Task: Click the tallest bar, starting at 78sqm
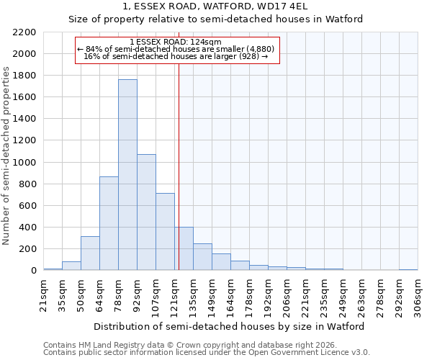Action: pos(127,175)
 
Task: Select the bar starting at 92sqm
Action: pos(146,212)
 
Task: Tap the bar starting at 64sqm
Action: pos(109,223)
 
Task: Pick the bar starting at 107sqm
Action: pos(165,232)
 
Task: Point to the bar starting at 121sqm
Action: pos(184,249)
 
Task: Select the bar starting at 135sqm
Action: pos(202,257)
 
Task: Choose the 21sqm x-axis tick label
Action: pos(43,295)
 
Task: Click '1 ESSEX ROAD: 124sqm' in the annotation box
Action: pos(176,42)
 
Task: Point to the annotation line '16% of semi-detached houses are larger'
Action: pos(176,56)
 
